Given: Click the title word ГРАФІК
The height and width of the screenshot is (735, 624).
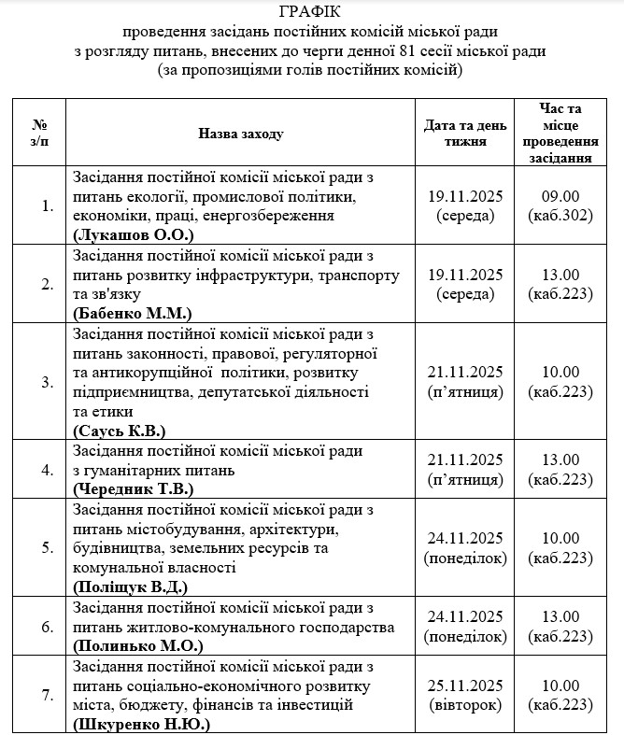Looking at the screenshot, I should pos(310,12).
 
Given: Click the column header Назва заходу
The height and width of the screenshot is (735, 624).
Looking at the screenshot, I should pos(240,134).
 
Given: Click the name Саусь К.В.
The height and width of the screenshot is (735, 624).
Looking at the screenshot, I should pos(119,430).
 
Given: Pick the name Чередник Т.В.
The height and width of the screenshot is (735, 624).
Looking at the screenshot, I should pos(133,488).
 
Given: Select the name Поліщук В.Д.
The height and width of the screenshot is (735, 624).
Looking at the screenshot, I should pos(130,587).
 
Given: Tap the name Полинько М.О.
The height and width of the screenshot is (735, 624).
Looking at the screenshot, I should pos(136,645).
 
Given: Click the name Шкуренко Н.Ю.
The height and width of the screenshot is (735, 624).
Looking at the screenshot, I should pos(141,724).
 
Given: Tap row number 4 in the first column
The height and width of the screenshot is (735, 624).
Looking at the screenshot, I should pos(48,470).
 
